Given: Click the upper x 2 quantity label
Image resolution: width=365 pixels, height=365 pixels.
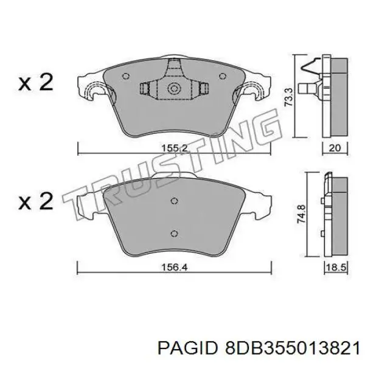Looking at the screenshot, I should (35, 83).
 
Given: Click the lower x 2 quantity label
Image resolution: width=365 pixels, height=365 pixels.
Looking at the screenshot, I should (35, 201).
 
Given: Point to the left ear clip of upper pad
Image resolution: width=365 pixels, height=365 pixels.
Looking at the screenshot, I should (90, 91).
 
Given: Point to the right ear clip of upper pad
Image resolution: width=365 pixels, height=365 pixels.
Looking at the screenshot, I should (255, 92).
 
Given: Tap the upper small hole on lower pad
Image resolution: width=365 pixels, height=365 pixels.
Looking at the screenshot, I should (175, 202).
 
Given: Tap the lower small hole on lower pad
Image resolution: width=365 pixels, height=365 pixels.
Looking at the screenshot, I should (175, 234).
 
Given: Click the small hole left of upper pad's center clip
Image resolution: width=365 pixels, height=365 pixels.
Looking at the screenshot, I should (125, 77).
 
